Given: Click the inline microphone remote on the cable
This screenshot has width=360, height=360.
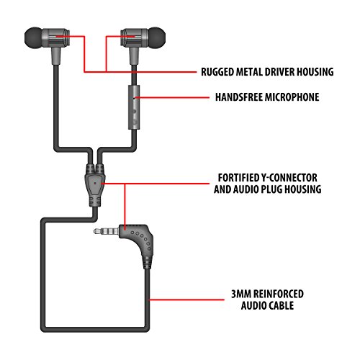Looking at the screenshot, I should [134, 105].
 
